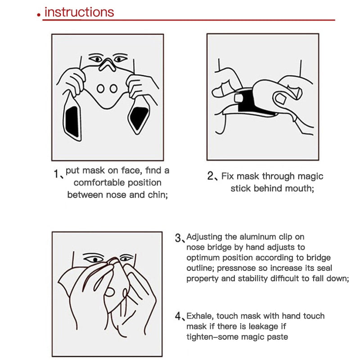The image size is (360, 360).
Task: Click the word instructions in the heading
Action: click(x=79, y=12)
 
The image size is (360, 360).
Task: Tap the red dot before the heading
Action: click(x=40, y=16)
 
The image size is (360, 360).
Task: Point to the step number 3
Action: click(x=178, y=238)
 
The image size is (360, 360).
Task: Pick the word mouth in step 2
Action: click(x=297, y=189)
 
